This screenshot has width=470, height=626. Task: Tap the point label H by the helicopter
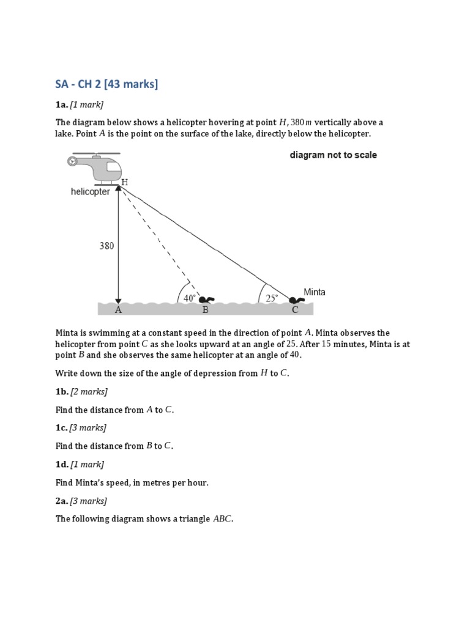pyautogui.click(x=125, y=183)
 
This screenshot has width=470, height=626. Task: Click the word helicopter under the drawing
pyautogui.click(x=91, y=192)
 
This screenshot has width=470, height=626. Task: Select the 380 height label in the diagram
pyautogui.click(x=107, y=246)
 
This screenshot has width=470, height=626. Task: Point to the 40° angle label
pyautogui.click(x=190, y=298)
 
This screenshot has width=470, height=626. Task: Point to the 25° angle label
pyautogui.click(x=272, y=298)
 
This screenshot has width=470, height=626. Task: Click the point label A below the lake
pyautogui.click(x=119, y=311)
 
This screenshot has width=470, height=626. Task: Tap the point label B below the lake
pyautogui.click(x=206, y=311)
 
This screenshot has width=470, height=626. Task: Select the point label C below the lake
pyautogui.click(x=295, y=311)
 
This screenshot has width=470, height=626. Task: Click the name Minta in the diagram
pyautogui.click(x=315, y=292)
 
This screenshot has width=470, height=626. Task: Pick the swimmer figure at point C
pyautogui.click(x=297, y=300)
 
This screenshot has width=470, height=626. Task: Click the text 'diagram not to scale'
pyautogui.click(x=333, y=155)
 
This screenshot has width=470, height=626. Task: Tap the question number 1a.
pyautogui.click(x=62, y=105)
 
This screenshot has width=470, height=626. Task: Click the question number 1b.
pyautogui.click(x=62, y=391)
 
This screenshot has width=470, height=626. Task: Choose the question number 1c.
pyautogui.click(x=62, y=428)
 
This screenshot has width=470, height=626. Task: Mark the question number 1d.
pyautogui.click(x=62, y=465)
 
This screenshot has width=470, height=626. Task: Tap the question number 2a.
pyautogui.click(x=62, y=501)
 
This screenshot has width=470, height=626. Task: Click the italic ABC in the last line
pyautogui.click(x=222, y=520)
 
